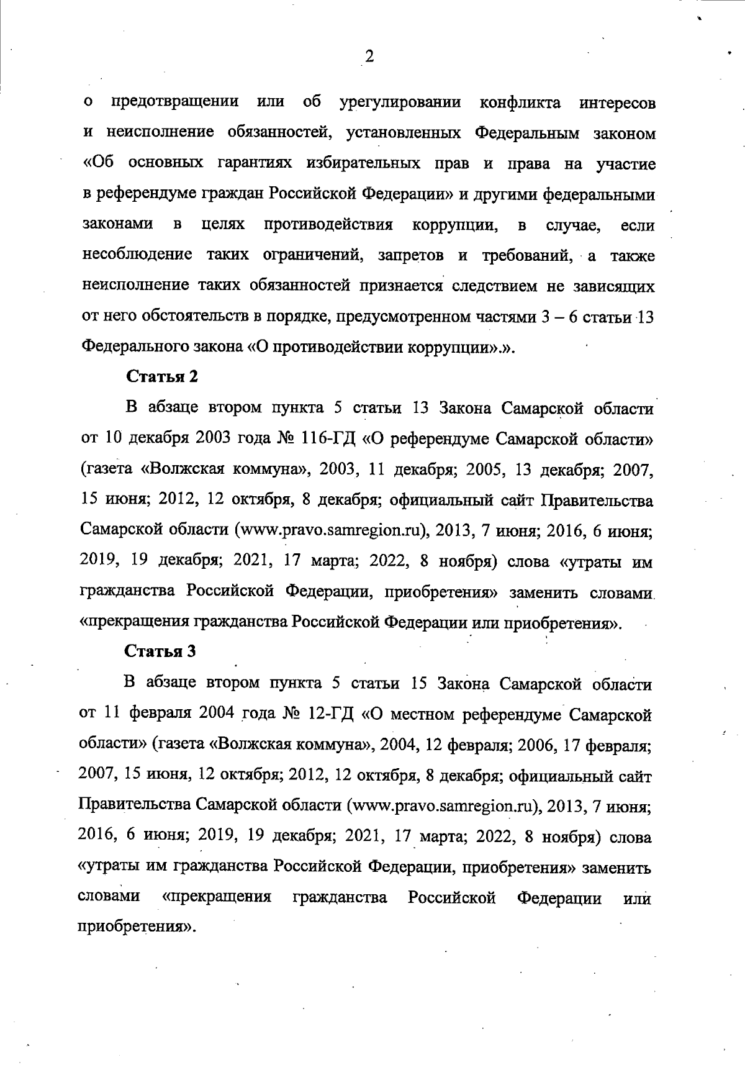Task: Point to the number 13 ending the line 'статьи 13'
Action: (645, 317)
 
